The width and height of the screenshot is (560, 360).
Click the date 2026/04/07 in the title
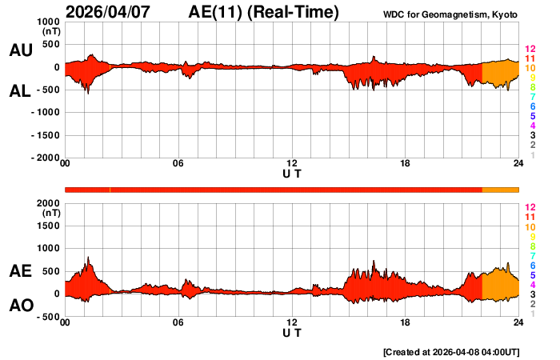118,12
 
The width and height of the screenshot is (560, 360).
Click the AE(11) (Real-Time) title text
264,12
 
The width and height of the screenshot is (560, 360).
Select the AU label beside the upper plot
20,50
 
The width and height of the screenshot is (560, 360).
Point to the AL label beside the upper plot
20,91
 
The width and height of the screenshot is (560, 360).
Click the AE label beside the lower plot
20,271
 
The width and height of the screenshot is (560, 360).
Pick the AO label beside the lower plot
20,306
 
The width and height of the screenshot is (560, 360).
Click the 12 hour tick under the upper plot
292,164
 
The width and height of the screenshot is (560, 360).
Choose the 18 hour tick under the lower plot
406,322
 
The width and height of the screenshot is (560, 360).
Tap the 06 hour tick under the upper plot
178,164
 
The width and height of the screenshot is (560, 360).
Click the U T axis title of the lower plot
292,332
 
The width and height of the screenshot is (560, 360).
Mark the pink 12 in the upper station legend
530,49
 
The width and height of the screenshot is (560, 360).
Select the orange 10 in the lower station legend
530,227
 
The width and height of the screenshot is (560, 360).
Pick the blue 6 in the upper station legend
532,106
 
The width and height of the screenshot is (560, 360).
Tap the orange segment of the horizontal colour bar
501,189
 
